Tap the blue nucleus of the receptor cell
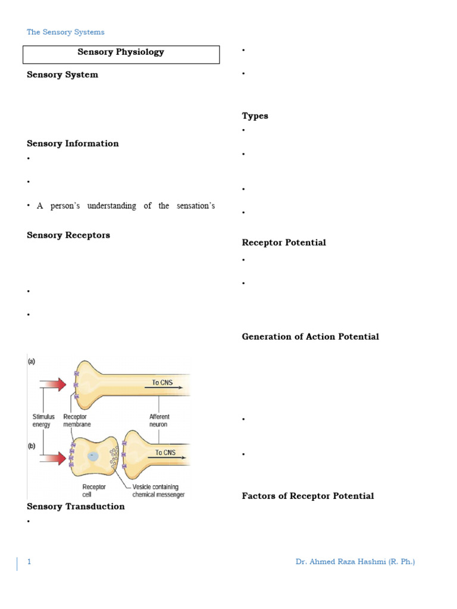pyautogui.click(x=93, y=456)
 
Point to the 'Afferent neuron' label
pyautogui.click(x=159, y=420)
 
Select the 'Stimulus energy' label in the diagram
pyautogui.click(x=43, y=420)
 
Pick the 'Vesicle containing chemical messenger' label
pyautogui.click(x=158, y=491)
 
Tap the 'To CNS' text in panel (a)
pyautogui.click(x=162, y=382)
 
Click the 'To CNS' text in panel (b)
pyautogui.click(x=166, y=453)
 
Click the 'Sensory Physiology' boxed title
pyautogui.click(x=121, y=52)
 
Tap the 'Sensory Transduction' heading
pyautogui.click(x=76, y=507)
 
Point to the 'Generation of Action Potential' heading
pyautogui.click(x=310, y=337)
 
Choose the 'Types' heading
pyautogui.click(x=255, y=116)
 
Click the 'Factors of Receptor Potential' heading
pyautogui.click(x=308, y=496)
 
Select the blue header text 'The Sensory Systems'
pyautogui.click(x=65, y=32)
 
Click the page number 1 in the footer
pyautogui.click(x=29, y=562)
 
